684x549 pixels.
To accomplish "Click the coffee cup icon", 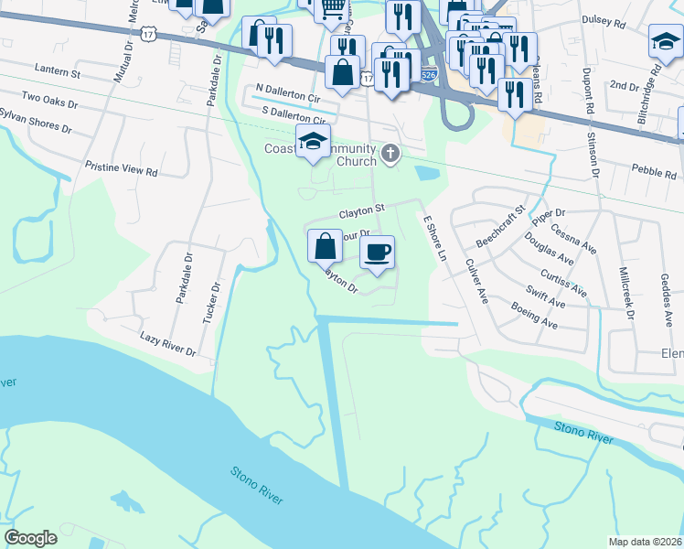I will coord(377,252).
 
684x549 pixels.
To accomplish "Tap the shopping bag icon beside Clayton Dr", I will coord(326,246).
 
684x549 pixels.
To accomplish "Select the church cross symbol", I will coord(391,154).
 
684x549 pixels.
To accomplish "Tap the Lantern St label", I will coord(57,70).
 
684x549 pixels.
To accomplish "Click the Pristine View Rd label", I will coord(121,171).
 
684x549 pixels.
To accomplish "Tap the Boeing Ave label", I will coord(535,316).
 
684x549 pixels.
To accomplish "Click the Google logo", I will coord(30,538).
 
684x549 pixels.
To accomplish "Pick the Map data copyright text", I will coord(645,542).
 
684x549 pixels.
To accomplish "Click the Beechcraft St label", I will coord(501,227).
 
